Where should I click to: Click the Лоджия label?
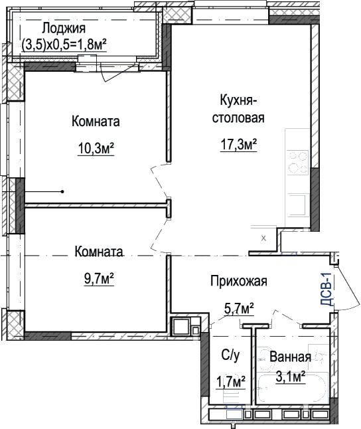pos(64,29)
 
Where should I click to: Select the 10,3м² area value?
pos(96,149)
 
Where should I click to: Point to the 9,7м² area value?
pos(99,280)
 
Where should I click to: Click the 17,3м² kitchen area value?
pos(238,145)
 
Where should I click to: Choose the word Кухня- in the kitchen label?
pos(238,100)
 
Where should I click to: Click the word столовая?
pos(238,118)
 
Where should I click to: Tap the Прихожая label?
pos(239,281)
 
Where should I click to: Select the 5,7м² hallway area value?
pos(239,309)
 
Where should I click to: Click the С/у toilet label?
pos(230,355)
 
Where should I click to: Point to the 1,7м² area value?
pos(230,383)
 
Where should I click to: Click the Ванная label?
pos(290,357)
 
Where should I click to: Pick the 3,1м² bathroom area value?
pos(290,377)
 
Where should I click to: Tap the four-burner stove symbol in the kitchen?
pos(298,163)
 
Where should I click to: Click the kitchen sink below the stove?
pos(297,205)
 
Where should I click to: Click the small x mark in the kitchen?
pos(263,238)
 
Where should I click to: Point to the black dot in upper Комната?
pos(62,192)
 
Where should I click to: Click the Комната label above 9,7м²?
pos(99,252)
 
